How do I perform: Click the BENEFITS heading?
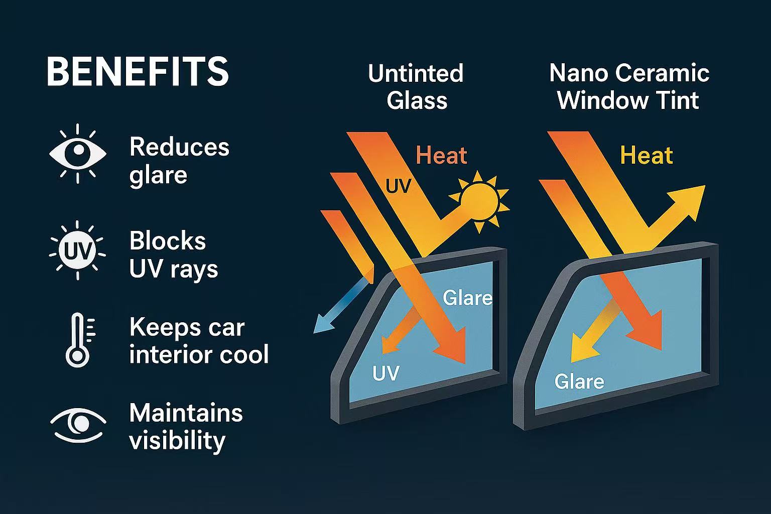[138, 71]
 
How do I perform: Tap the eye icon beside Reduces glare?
[78, 154]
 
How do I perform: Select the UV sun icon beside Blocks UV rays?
[77, 250]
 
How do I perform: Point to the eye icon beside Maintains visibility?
[78, 425]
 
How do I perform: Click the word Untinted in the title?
[416, 73]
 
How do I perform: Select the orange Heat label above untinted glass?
[441, 155]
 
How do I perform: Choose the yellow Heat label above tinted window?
[647, 155]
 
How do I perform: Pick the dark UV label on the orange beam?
[398, 186]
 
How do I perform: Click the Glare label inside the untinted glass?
[467, 298]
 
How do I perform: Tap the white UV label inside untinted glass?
[386, 372]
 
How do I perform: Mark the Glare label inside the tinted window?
[579, 381]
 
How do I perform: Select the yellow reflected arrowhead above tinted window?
[687, 203]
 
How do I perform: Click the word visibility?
[177, 441]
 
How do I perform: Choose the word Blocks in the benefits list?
[168, 240]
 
